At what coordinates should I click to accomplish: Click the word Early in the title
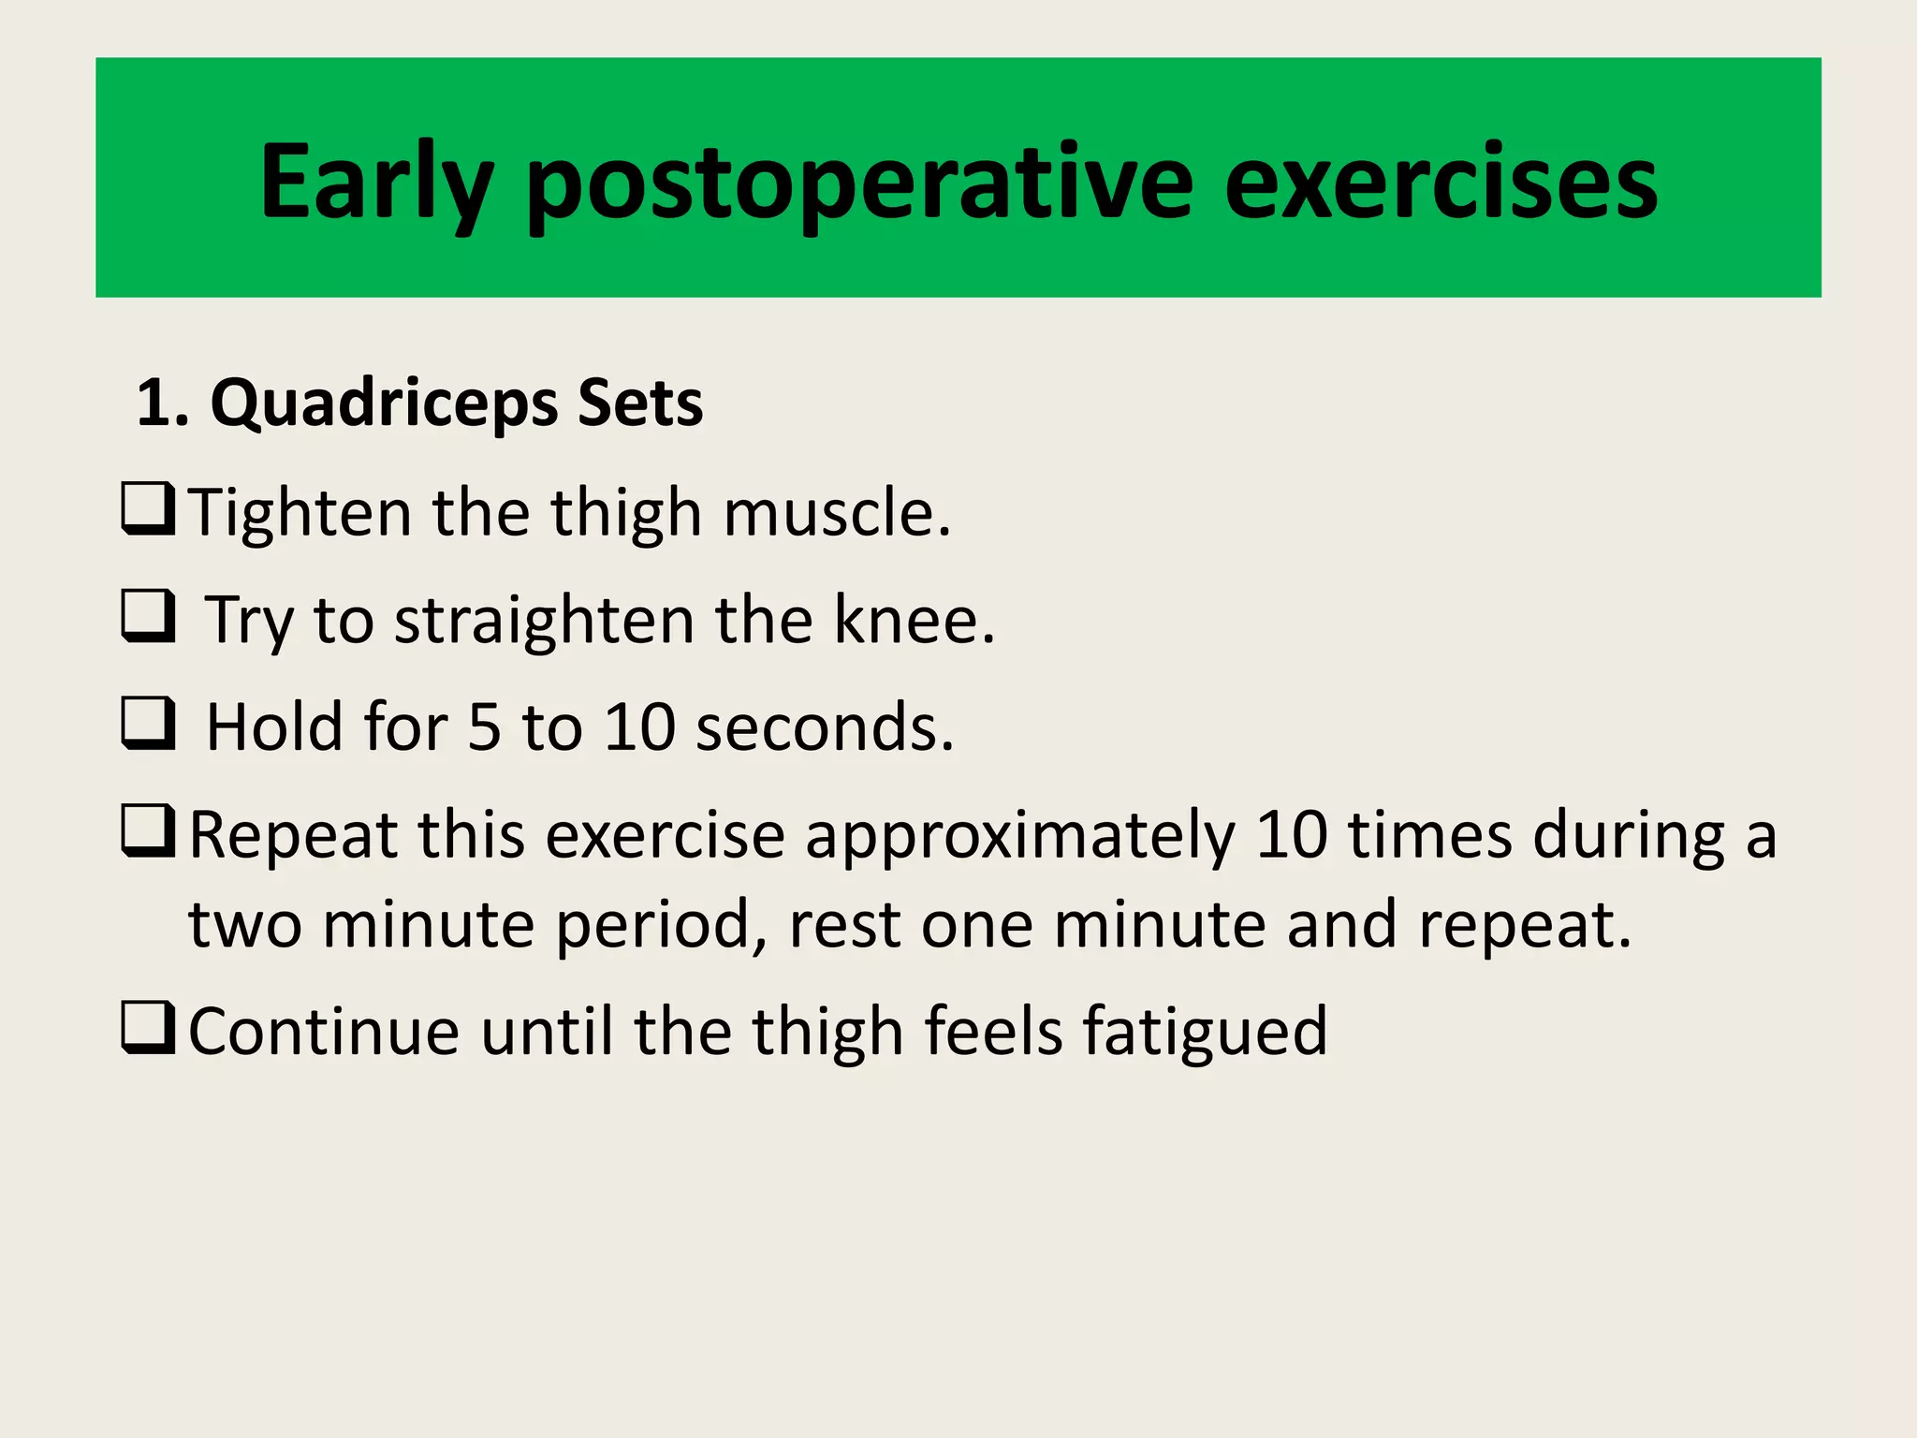click(375, 183)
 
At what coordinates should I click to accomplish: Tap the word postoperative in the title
click(859, 183)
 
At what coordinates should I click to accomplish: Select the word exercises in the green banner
click(1441, 183)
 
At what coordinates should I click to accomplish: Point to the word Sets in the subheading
click(640, 403)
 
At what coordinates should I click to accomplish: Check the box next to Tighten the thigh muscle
click(148, 509)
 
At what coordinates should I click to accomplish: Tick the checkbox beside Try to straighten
click(148, 616)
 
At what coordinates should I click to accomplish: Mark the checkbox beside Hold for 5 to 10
click(148, 724)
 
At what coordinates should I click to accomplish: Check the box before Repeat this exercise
click(148, 831)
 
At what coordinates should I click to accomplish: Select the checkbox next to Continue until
click(148, 1028)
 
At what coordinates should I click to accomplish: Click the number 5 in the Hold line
click(484, 727)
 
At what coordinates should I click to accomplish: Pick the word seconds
click(824, 727)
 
